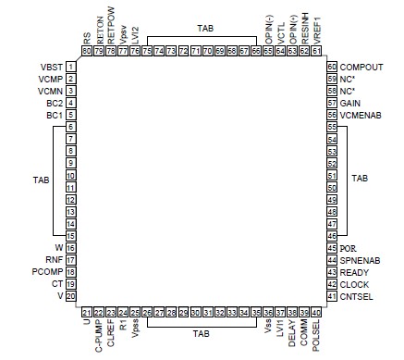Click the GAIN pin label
tap(350, 103)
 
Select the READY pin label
tap(354, 272)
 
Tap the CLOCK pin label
tap(354, 284)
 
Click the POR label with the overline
tap(348, 250)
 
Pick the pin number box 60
tap(331, 68)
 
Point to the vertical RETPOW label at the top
tap(110, 32)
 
